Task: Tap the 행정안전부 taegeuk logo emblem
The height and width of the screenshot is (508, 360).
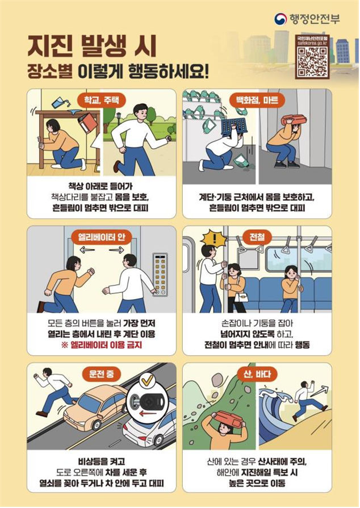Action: pyautogui.click(x=281, y=19)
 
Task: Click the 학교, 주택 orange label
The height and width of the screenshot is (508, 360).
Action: pyautogui.click(x=102, y=100)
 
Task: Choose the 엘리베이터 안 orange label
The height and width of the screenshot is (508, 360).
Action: pyautogui.click(x=102, y=237)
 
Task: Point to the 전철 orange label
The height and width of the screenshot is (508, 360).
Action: pyautogui.click(x=257, y=237)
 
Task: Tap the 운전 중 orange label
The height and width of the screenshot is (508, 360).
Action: pyautogui.click(x=102, y=374)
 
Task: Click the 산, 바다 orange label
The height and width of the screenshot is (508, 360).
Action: pyautogui.click(x=257, y=374)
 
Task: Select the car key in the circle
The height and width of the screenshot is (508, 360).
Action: pyautogui.click(x=148, y=404)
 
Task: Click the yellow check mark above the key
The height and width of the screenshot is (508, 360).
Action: pyautogui.click(x=148, y=381)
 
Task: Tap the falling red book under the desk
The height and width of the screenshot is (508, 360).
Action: pyautogui.click(x=87, y=123)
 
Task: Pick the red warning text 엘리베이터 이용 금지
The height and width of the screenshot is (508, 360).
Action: pyautogui.click(x=102, y=345)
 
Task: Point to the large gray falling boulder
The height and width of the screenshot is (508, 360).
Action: pyautogui.click(x=217, y=381)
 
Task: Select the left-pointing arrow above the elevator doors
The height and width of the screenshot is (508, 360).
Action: pyautogui.click(x=87, y=250)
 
